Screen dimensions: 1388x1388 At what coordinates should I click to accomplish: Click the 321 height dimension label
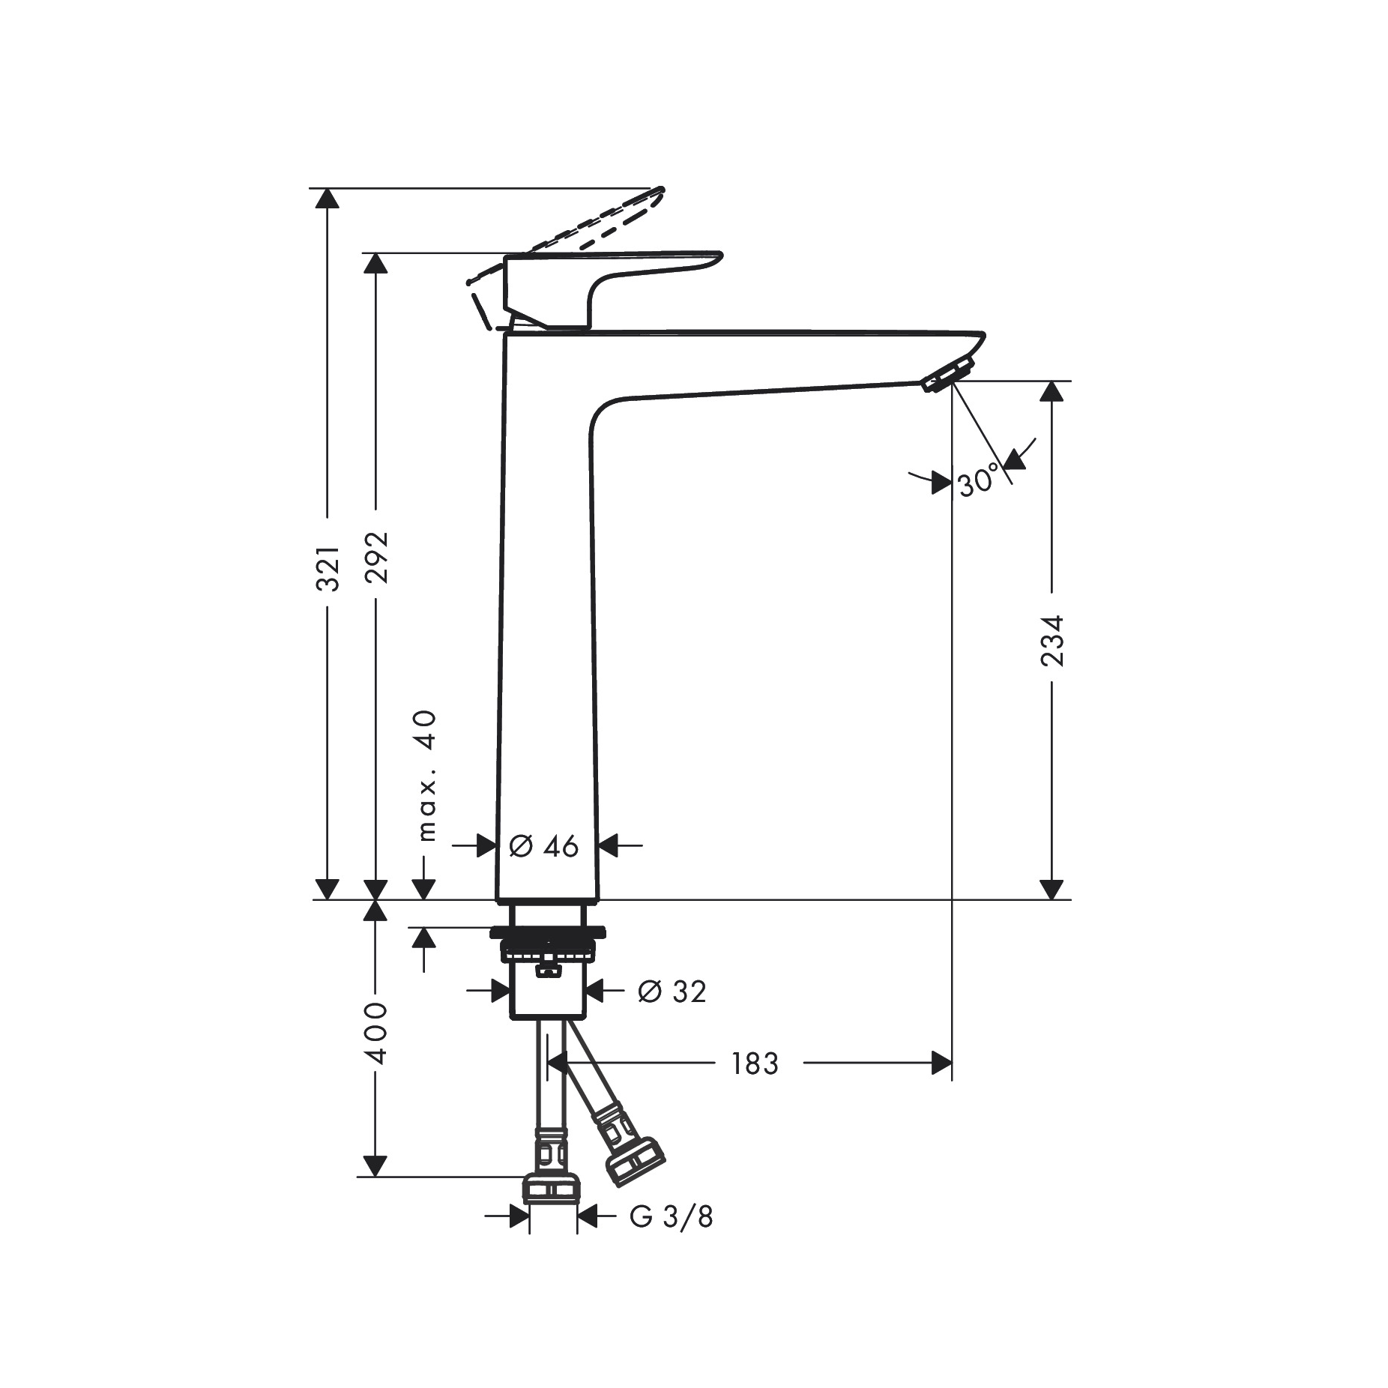click(328, 569)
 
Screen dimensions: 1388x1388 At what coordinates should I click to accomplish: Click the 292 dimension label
click(377, 558)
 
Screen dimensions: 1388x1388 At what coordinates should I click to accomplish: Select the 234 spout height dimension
click(1052, 641)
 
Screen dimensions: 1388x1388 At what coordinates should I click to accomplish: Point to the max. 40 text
click(426, 775)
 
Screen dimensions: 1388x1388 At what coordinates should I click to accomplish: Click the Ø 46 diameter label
click(544, 846)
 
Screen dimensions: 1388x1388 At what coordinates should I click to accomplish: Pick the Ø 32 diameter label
click(672, 992)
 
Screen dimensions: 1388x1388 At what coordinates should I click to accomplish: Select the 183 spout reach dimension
click(755, 1063)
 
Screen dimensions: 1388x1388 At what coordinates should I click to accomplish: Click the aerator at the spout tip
click(948, 374)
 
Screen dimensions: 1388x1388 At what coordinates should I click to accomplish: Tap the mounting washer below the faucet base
click(547, 933)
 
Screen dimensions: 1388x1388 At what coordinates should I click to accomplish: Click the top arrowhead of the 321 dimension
click(327, 199)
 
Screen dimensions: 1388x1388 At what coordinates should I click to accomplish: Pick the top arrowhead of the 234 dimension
click(1052, 391)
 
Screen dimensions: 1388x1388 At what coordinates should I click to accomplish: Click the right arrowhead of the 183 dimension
click(941, 1063)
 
